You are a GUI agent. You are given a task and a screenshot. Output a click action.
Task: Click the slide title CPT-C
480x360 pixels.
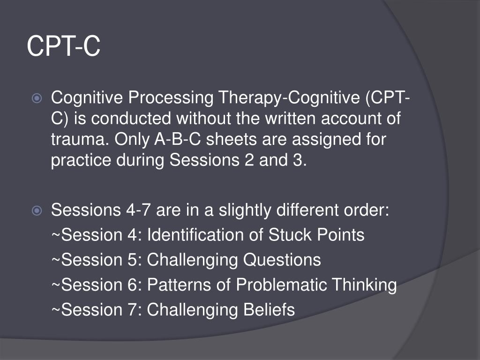click(x=64, y=46)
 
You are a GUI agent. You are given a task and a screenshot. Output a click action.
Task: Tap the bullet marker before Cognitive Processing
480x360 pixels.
click(x=37, y=98)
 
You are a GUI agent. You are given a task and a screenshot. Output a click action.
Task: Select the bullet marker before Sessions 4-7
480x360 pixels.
click(x=37, y=210)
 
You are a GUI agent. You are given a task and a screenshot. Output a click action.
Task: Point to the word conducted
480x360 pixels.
click(x=131, y=119)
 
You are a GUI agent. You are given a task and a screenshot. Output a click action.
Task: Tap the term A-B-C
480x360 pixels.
click(x=178, y=139)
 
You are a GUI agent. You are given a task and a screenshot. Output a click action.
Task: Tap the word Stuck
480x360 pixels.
click(x=290, y=235)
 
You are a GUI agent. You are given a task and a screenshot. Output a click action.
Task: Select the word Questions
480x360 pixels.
click(x=282, y=260)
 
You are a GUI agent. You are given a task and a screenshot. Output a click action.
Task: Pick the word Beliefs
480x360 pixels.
click(x=269, y=310)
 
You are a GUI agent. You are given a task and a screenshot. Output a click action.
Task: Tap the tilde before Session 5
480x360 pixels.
click(x=56, y=260)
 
